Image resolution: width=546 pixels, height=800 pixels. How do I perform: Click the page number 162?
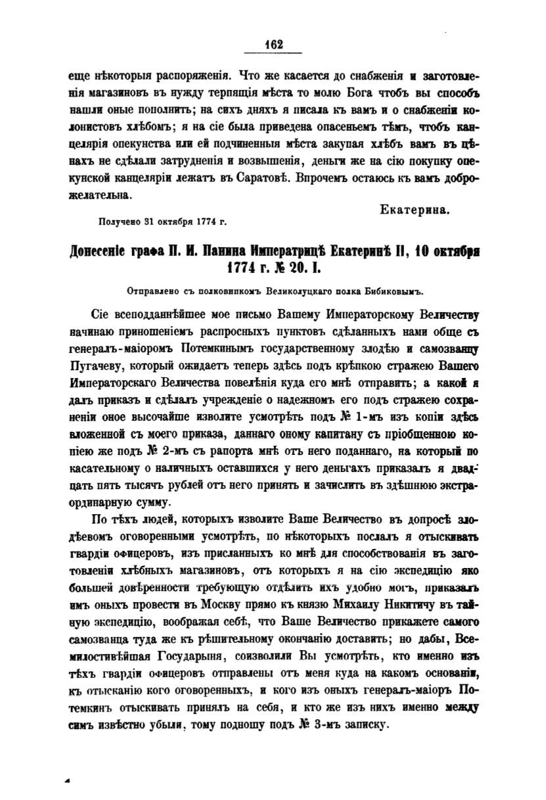coord(273,45)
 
